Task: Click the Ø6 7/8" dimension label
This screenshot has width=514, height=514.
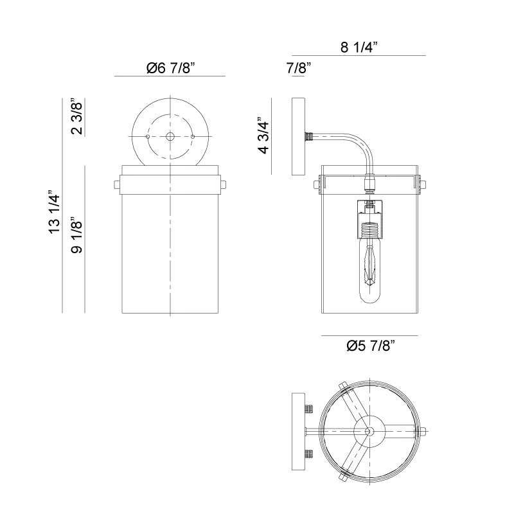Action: (x=170, y=67)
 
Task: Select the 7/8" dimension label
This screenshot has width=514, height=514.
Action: (x=299, y=67)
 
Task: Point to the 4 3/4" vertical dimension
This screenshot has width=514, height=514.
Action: (x=263, y=136)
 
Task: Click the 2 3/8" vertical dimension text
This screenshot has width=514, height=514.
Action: (x=76, y=117)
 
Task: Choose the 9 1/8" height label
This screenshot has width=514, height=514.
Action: (x=76, y=236)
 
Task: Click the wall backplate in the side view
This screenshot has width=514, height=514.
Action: (x=299, y=136)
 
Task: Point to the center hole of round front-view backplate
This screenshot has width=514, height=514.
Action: (x=170, y=136)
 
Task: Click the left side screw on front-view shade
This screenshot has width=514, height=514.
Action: (x=118, y=185)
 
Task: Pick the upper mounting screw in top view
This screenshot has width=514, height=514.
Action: (x=309, y=409)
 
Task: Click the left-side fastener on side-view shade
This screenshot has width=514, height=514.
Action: (x=317, y=185)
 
